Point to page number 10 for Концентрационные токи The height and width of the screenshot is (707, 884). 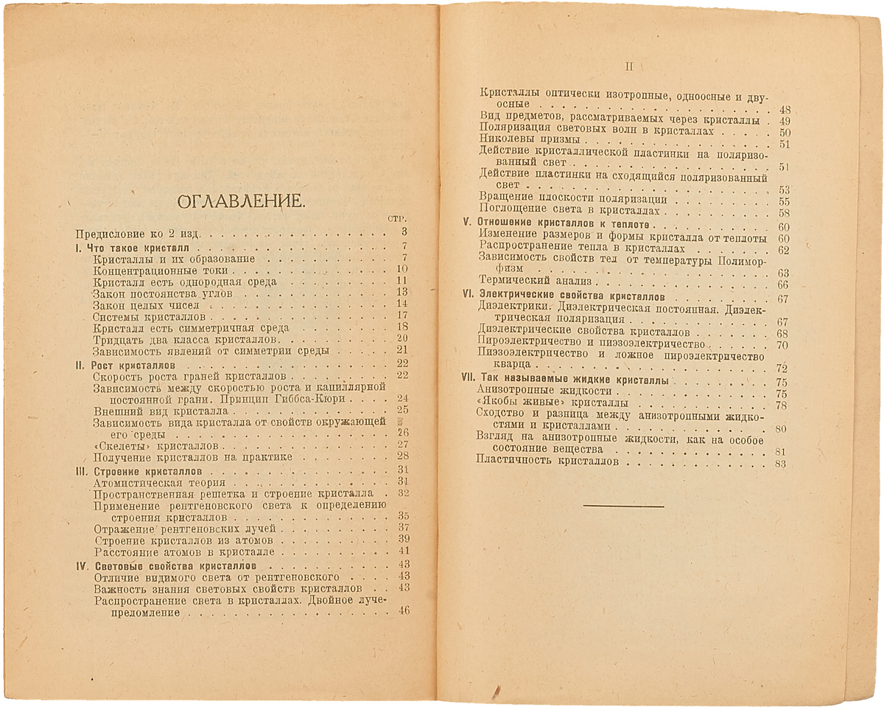coord(401,270)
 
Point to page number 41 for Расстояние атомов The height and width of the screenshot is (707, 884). coord(403,551)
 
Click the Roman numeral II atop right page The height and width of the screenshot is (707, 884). coord(628,66)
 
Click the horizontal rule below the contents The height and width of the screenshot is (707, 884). coord(623,506)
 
